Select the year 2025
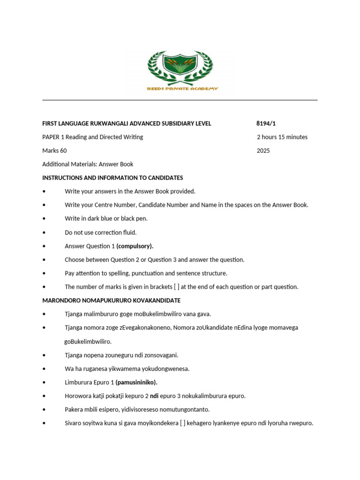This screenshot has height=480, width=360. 263,151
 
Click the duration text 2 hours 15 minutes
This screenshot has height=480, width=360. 282,137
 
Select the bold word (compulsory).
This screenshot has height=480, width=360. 135,246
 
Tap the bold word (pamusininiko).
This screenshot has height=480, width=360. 136,382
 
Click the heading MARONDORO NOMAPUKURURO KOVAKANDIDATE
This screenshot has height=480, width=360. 111,300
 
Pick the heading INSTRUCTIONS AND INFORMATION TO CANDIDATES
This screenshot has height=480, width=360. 112,178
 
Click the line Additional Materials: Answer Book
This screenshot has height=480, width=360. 88,165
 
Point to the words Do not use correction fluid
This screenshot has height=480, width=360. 100,232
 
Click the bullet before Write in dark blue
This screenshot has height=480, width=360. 44,219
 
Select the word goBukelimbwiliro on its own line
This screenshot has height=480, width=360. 88,342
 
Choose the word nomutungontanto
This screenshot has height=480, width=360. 188,410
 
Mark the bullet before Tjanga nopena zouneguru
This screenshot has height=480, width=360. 44,355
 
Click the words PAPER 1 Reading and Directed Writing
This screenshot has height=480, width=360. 92,137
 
